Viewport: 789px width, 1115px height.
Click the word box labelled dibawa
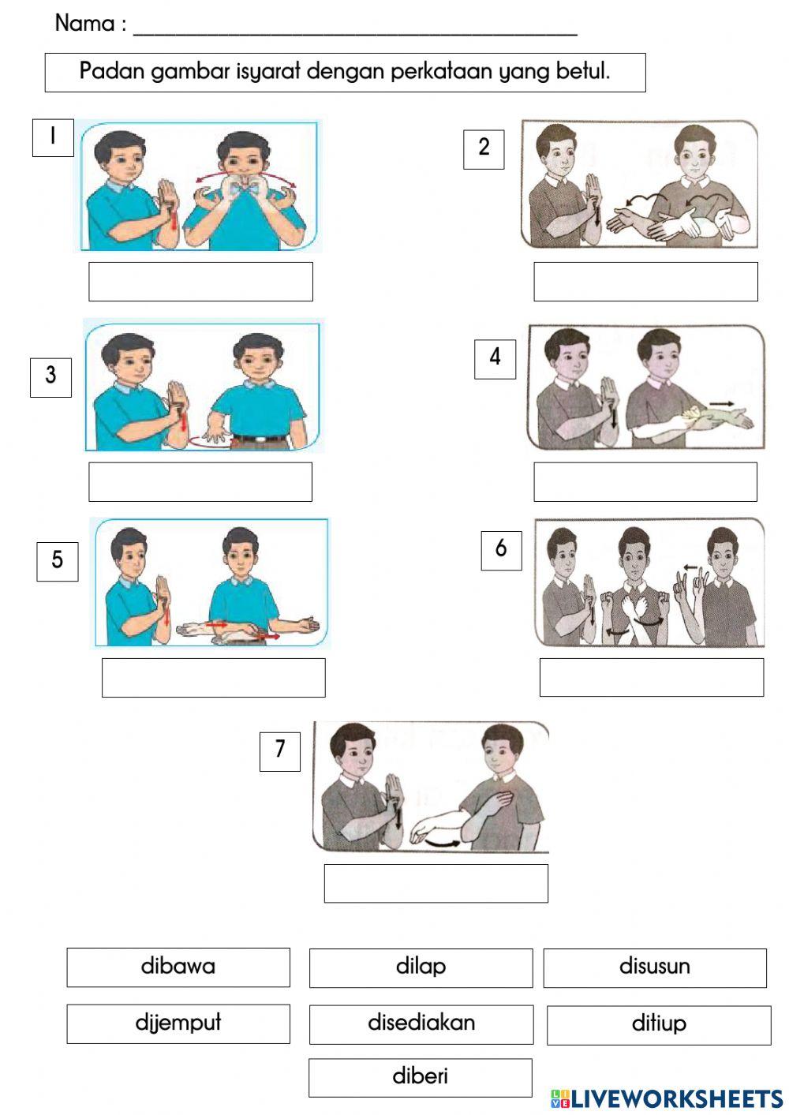[178, 967]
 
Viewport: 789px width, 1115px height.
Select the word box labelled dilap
[421, 967]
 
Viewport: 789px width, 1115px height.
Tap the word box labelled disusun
[654, 967]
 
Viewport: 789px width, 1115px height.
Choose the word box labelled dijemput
[178, 1023]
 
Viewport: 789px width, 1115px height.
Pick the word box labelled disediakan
[421, 1023]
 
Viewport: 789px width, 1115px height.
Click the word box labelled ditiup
[658, 1024]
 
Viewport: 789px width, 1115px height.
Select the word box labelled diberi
[420, 1077]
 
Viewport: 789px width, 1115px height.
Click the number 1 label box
[53, 137]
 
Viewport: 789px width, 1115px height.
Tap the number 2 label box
[484, 148]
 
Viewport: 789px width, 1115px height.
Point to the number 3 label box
[50, 376]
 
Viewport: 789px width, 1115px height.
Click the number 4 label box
[495, 358]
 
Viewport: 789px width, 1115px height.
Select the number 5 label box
[57, 561]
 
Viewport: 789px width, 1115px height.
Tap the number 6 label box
[501, 549]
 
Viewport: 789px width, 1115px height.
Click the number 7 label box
[280, 750]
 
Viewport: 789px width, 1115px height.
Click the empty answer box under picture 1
[200, 282]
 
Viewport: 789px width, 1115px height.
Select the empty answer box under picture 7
[436, 883]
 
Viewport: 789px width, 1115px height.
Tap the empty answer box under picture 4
[645, 481]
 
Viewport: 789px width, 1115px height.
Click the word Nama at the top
[84, 24]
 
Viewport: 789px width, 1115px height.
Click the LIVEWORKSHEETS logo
[666, 1098]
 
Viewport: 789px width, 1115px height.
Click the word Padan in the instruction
[112, 71]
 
